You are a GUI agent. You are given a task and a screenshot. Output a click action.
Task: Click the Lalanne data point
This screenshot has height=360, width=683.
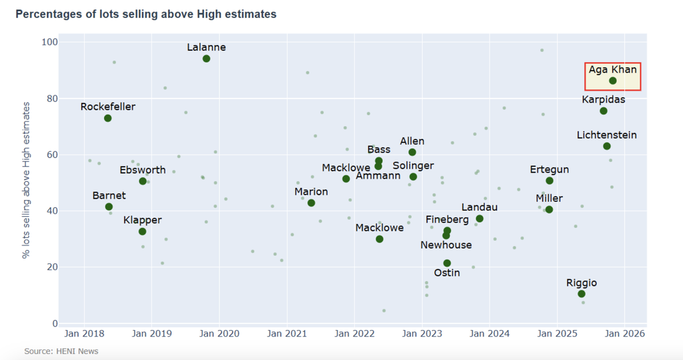tap(206, 59)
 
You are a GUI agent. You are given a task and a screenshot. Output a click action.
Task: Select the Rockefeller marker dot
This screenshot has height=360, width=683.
tap(107, 118)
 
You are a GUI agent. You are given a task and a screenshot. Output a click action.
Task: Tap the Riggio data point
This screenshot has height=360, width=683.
tap(582, 294)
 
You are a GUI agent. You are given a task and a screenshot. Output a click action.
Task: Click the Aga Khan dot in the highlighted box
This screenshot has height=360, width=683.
tap(612, 81)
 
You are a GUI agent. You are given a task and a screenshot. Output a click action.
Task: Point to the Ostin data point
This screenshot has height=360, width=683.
tap(447, 263)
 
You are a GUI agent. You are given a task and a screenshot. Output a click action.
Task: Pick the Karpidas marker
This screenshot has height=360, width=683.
tap(604, 111)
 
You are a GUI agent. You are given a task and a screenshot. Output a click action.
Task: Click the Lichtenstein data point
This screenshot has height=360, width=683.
tap(607, 146)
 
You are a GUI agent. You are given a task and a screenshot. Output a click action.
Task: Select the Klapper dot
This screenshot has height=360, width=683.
tap(142, 231)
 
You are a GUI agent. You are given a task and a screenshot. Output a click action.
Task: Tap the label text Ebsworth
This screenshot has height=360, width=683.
tap(143, 170)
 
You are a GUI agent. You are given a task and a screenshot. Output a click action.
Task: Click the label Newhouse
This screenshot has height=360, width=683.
tap(446, 245)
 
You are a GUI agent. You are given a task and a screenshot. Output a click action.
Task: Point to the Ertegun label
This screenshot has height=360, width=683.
tap(550, 169)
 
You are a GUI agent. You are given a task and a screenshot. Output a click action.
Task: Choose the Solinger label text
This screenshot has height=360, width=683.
tap(413, 165)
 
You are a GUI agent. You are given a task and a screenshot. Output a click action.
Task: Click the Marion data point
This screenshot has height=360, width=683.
tap(311, 203)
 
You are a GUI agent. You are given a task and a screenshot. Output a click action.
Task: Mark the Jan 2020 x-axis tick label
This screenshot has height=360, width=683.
tap(219, 333)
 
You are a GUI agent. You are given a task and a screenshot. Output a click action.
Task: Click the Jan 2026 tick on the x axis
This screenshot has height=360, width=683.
tap(624, 333)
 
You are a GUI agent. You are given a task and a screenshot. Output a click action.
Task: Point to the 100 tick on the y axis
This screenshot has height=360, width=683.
tap(50, 42)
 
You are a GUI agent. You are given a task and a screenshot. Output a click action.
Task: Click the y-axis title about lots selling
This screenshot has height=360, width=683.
tap(26, 180)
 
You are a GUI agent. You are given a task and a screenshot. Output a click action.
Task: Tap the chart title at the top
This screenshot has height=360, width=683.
tap(146, 14)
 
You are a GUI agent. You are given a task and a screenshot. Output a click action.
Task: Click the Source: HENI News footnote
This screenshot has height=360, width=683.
tap(61, 351)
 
